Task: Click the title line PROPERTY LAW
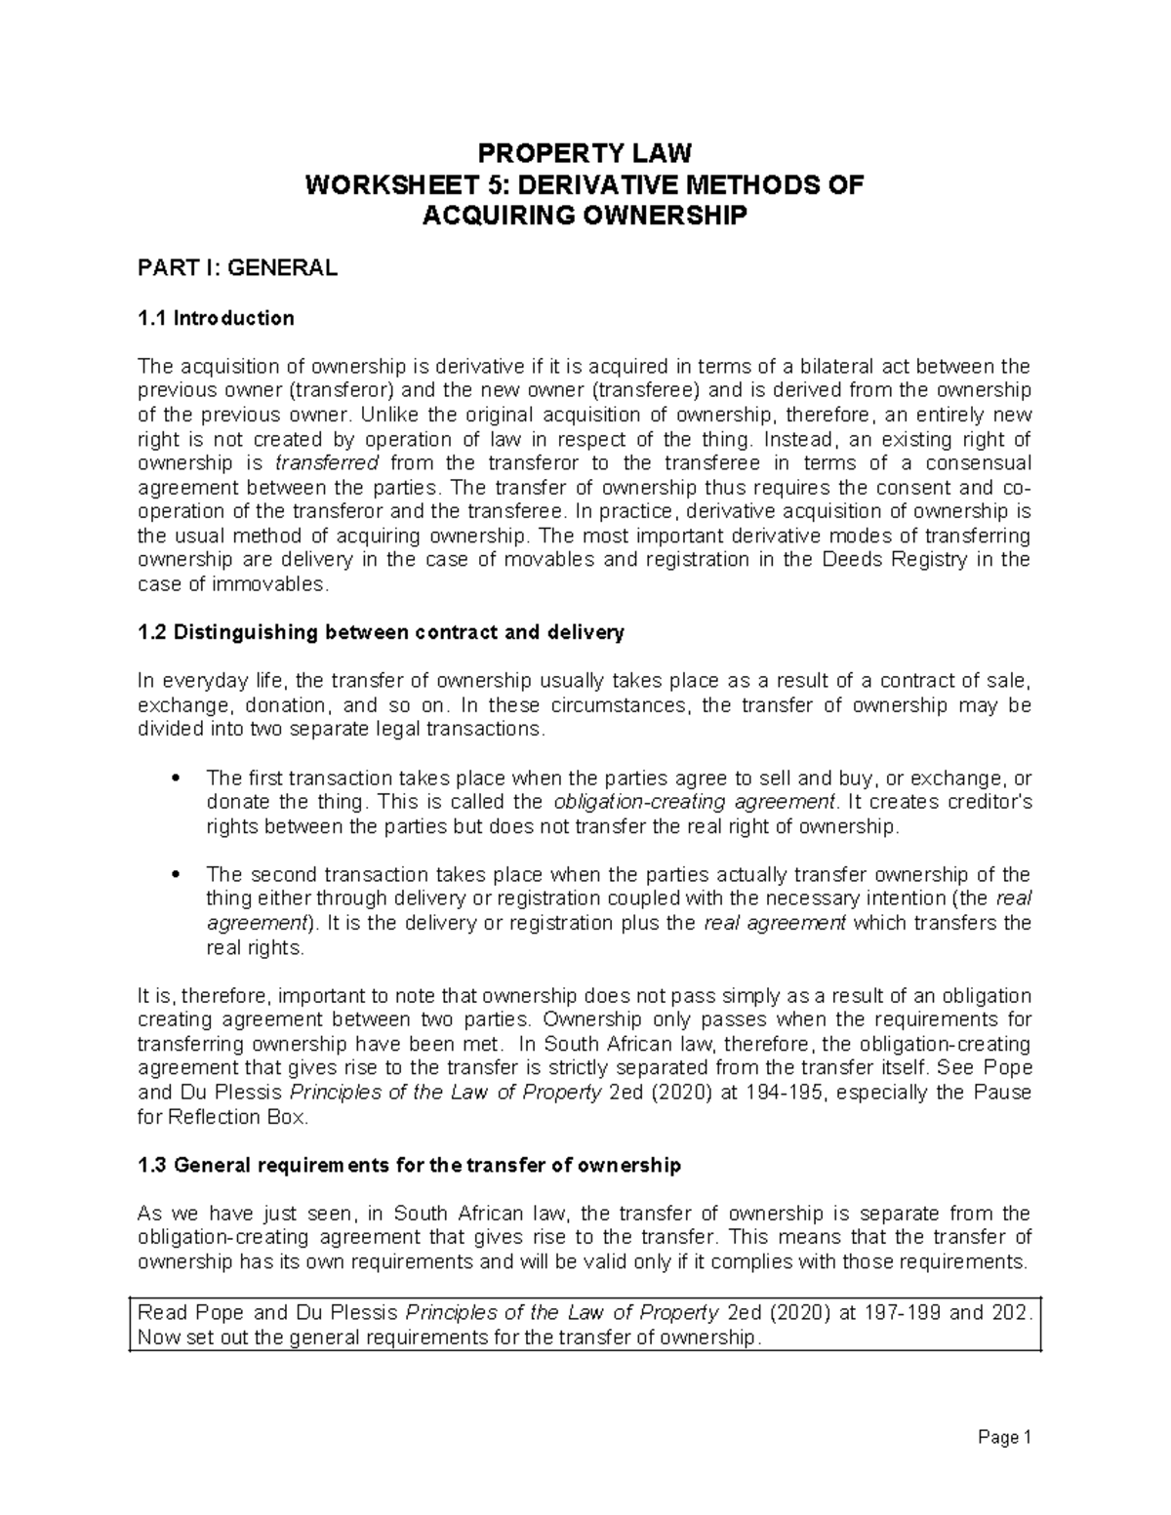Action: click(584, 153)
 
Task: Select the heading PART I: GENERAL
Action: click(237, 268)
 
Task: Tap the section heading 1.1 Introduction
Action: click(216, 318)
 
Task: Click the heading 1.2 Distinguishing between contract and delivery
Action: click(381, 632)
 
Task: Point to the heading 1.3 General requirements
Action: click(409, 1165)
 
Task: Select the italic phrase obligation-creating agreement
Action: click(694, 802)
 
